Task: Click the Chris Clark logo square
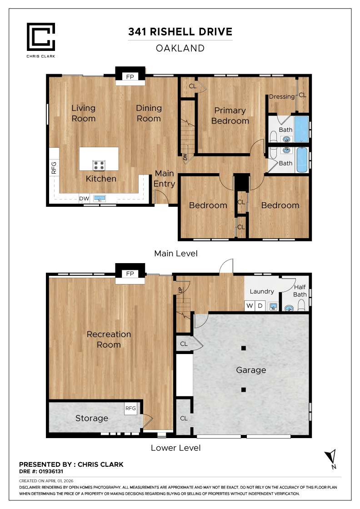[41, 36]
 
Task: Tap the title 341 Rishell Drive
[180, 32]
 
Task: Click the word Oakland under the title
[180, 48]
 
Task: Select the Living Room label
[84, 113]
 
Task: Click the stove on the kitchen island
[99, 165]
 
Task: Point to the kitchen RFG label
[54, 168]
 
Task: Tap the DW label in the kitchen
[84, 199]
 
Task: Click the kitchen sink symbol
[100, 198]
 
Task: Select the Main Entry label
[164, 178]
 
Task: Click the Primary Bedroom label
[230, 115]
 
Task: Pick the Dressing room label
[282, 96]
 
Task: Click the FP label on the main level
[130, 76]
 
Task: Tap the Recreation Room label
[109, 339]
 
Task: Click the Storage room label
[92, 418]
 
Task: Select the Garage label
[251, 370]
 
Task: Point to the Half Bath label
[300, 290]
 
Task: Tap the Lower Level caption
[176, 448]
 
